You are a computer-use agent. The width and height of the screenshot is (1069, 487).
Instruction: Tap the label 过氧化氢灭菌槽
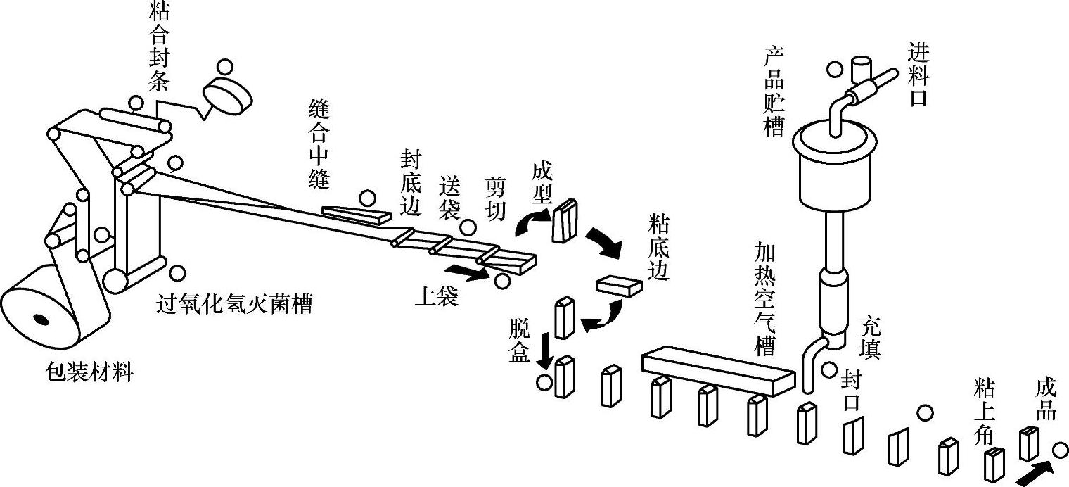point(234,305)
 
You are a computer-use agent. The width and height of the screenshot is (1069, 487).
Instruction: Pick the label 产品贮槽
point(774,92)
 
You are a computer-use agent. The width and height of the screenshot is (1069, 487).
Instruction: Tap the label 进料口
point(917,74)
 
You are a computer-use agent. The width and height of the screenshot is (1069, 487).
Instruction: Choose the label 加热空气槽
point(764,298)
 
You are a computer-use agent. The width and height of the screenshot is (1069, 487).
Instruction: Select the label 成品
point(1046,400)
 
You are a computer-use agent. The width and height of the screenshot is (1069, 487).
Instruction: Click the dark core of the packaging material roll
point(41,321)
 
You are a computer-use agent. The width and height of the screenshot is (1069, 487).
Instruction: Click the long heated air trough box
point(717,370)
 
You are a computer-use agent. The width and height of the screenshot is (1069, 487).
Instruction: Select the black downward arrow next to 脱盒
point(544,350)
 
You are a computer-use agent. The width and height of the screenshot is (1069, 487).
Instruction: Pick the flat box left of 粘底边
point(619,284)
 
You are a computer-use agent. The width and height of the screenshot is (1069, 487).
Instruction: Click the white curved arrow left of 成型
point(530,224)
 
